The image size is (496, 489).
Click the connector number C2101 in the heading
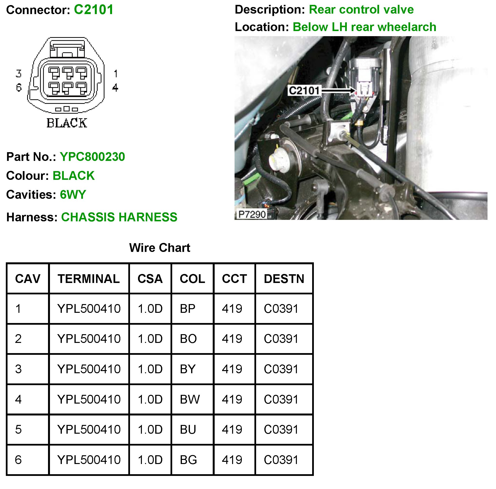(93, 10)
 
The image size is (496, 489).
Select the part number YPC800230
(92, 157)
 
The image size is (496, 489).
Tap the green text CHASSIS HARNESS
(119, 217)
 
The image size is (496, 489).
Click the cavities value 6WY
(73, 194)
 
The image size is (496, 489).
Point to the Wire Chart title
(159, 248)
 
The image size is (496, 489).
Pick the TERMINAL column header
(89, 279)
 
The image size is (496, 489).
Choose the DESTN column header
(284, 279)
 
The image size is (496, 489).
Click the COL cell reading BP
(188, 309)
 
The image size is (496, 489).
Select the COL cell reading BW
(189, 399)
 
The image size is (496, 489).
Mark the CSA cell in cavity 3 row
(150, 369)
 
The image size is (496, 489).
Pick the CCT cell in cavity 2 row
(232, 339)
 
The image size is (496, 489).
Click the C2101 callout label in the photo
(304, 91)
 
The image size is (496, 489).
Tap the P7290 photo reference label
(252, 214)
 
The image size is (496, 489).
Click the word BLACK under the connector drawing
(67, 123)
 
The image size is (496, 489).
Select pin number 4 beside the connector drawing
(115, 88)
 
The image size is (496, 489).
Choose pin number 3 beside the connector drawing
(18, 74)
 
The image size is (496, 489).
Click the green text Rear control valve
(361, 10)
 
